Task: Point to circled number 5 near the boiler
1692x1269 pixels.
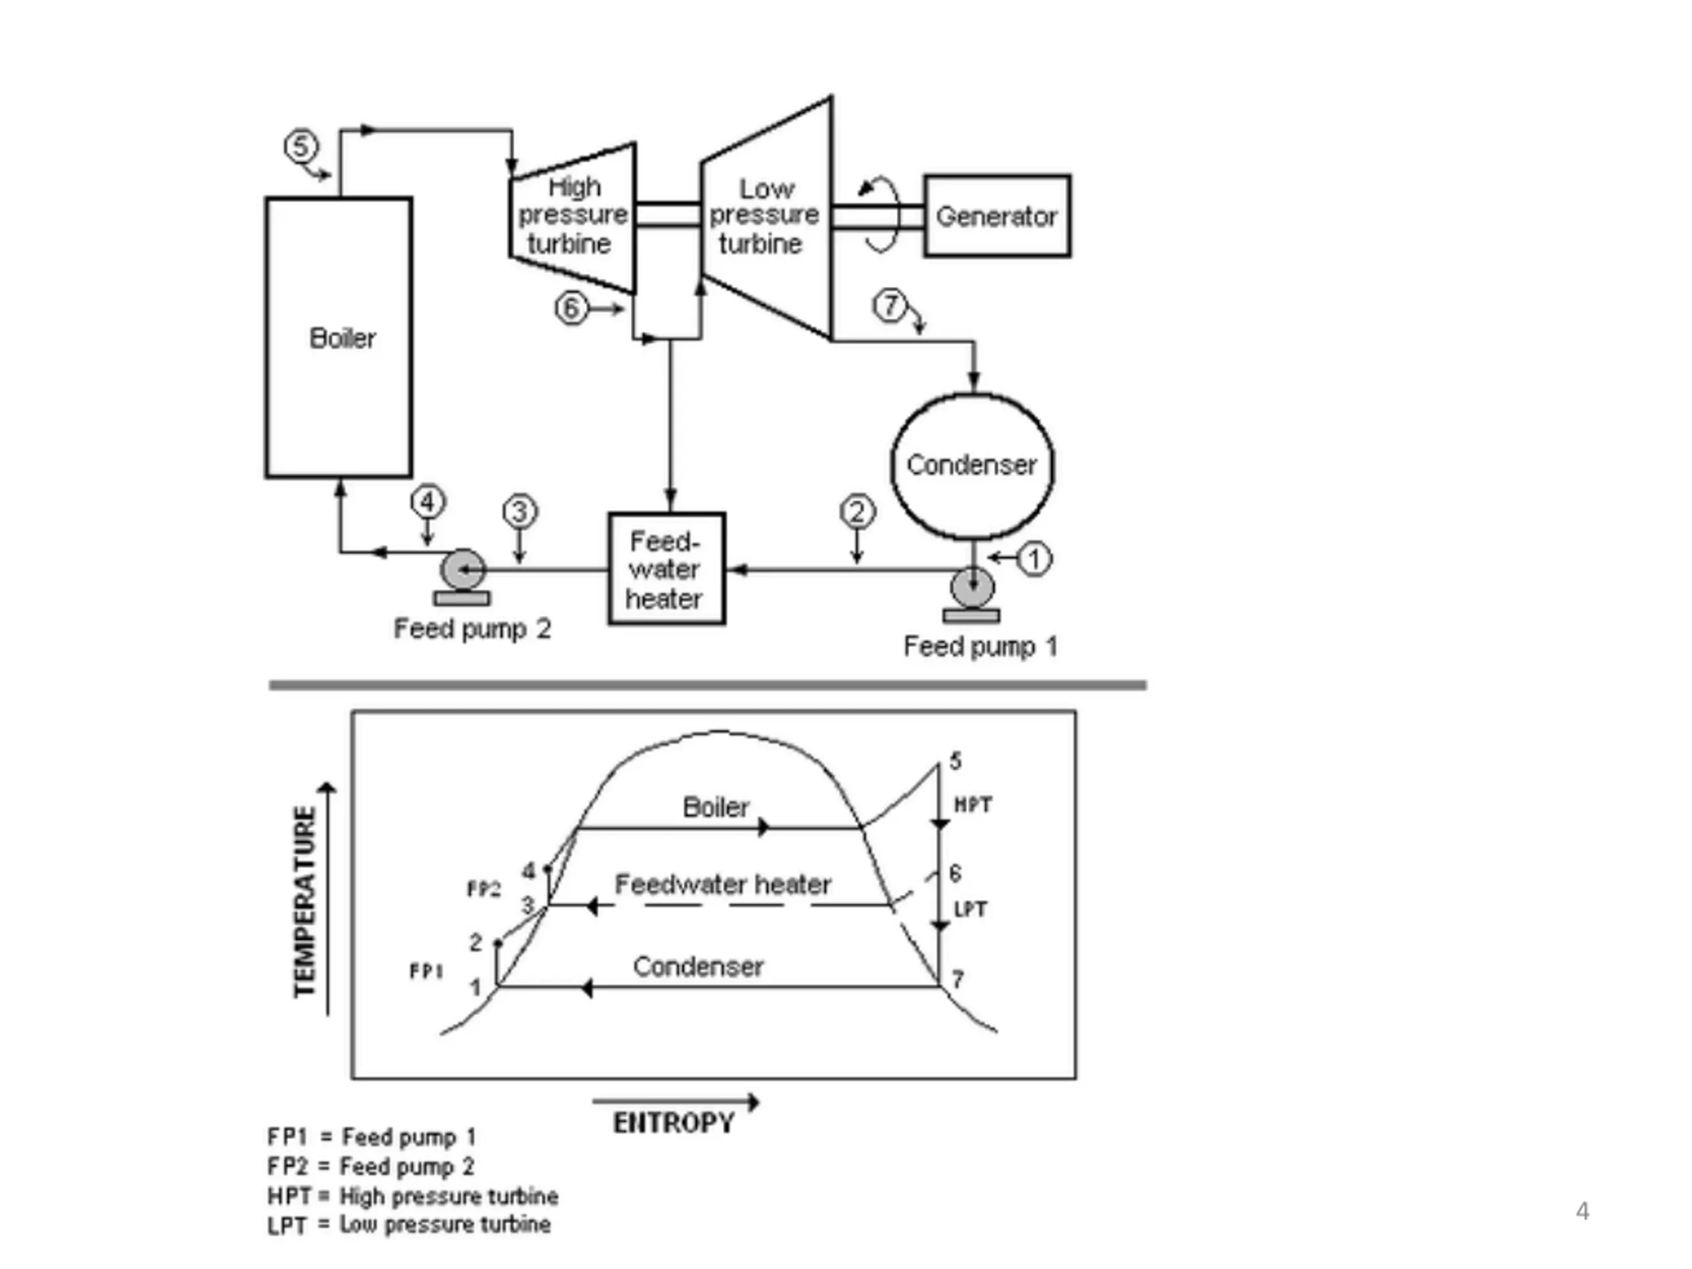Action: click(x=301, y=145)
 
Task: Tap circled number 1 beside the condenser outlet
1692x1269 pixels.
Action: click(x=1034, y=559)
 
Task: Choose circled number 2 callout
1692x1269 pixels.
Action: click(x=857, y=512)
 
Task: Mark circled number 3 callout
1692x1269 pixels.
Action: click(x=520, y=512)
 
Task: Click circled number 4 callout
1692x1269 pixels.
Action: click(x=428, y=502)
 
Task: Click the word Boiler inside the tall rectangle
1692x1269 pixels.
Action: click(x=342, y=338)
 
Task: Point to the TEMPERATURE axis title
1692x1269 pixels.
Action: click(x=305, y=902)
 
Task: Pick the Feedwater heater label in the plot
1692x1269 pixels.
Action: click(x=723, y=884)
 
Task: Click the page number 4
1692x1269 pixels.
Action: click(x=1583, y=1211)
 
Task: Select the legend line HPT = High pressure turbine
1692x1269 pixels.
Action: click(x=412, y=1196)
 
